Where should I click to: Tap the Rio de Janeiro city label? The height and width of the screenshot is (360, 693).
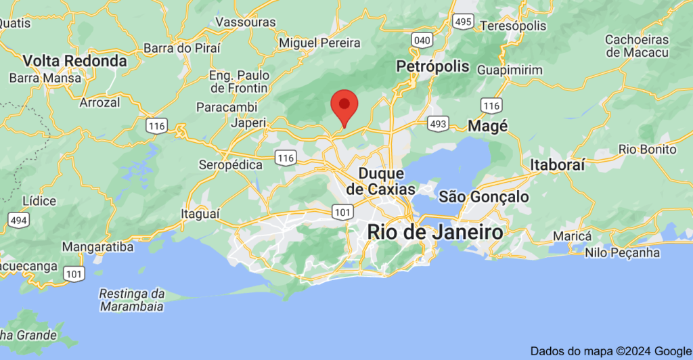435,231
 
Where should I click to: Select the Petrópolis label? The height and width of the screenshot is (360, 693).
433,66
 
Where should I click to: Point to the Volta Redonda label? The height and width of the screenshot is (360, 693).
75,61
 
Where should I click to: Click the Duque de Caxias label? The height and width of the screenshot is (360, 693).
380,181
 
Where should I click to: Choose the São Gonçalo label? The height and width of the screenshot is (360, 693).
484,197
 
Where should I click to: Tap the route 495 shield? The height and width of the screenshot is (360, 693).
464,22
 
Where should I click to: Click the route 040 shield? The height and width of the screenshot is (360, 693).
422,40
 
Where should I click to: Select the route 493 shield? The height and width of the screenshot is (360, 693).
437,124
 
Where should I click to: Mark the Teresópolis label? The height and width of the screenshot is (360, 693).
512,26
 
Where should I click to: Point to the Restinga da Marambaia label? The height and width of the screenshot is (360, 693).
132,300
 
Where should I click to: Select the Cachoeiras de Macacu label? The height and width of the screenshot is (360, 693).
637,46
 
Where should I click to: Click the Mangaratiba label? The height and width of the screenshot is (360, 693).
97,247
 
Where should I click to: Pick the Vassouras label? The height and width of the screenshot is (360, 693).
246,22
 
